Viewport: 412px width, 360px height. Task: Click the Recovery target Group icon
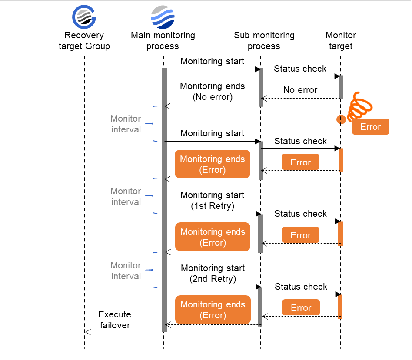[84, 17]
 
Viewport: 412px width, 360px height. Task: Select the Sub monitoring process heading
[264, 41]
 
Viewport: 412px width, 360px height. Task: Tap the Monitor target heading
[341, 41]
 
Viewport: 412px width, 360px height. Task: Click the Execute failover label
[114, 320]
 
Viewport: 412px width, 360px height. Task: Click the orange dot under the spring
[341, 119]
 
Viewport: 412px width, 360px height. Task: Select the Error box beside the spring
[370, 127]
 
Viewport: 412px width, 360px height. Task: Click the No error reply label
[300, 90]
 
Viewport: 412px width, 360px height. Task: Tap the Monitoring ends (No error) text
[213, 92]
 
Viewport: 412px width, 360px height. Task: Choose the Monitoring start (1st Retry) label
[213, 201]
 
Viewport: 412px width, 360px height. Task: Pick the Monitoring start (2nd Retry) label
[213, 274]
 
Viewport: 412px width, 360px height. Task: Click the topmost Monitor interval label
[126, 124]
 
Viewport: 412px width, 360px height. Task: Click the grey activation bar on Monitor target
[341, 87]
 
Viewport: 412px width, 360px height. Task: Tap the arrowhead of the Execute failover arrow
[87, 332]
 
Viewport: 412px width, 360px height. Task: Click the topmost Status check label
[300, 69]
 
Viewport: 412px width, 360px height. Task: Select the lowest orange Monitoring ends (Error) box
[213, 310]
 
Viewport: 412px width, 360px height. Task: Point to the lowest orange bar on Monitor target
[341, 307]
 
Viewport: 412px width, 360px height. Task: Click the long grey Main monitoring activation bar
[164, 200]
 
